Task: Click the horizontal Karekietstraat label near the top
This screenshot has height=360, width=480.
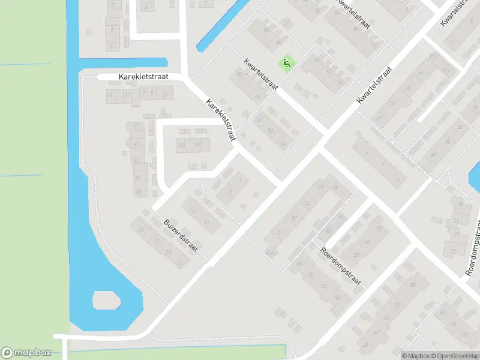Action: pyautogui.click(x=143, y=77)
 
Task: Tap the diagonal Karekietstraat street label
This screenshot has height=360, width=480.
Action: pyautogui.click(x=220, y=121)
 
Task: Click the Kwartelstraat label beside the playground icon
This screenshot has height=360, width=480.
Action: pyautogui.click(x=261, y=75)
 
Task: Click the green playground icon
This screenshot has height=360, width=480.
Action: pyautogui.click(x=287, y=62)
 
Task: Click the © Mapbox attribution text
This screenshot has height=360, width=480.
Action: pyautogui.click(x=415, y=356)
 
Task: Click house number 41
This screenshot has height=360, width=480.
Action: pyautogui.click(x=280, y=233)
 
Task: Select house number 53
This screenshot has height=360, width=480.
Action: pyautogui.click(x=283, y=143)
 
